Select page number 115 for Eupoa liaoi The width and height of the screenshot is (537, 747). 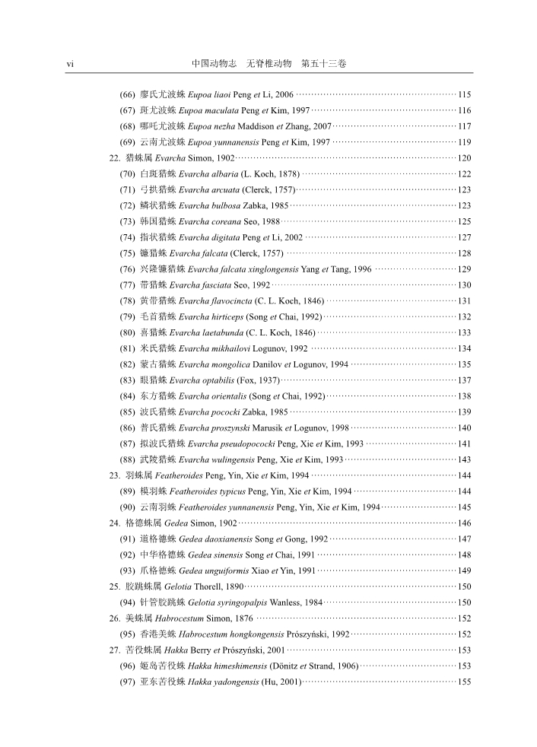click(x=465, y=95)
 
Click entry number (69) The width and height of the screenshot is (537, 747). click(x=128, y=142)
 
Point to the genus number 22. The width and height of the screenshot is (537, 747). click(x=115, y=158)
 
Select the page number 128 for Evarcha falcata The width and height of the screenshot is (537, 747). click(x=465, y=253)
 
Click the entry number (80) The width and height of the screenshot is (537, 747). click(x=128, y=332)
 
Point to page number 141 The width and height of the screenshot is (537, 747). click(x=465, y=443)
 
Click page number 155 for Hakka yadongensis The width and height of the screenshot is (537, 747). click(x=465, y=682)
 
